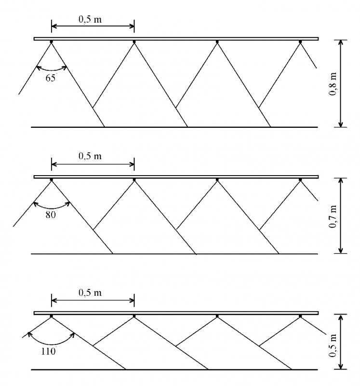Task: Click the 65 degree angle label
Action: point(51,78)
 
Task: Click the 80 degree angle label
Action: point(51,215)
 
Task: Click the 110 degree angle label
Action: point(49,351)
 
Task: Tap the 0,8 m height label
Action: point(333,83)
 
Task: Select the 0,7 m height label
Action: point(333,217)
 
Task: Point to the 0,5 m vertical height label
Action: point(333,345)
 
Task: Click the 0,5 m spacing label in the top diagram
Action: point(90,19)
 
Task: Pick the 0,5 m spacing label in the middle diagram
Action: point(90,156)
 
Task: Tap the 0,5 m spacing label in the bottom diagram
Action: point(90,292)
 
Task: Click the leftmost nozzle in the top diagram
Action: point(52,42)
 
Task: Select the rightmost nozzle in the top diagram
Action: point(300,42)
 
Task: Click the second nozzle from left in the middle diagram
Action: point(134,180)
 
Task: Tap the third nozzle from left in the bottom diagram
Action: point(217,316)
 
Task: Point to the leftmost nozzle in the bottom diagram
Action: point(52,316)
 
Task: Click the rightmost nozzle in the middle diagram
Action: point(300,180)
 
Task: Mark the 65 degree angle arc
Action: point(52,70)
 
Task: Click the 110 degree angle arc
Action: point(52,344)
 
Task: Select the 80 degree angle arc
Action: point(52,208)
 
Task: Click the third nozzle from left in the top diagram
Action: point(217,42)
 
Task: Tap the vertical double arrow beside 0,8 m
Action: point(341,83)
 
